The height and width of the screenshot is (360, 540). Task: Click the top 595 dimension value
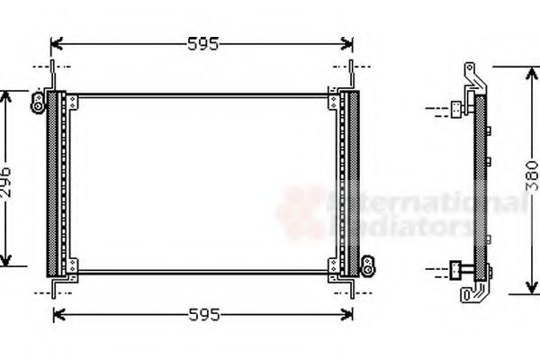click(201, 42)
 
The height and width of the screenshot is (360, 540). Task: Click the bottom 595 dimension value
click(201, 315)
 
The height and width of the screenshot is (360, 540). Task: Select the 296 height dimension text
click(7, 179)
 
